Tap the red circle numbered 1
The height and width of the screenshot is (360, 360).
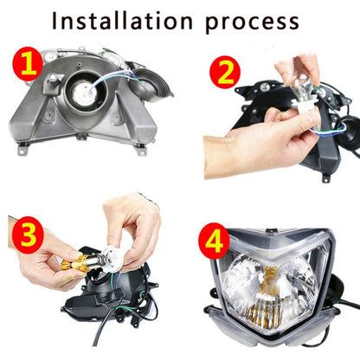(x=26, y=65)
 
